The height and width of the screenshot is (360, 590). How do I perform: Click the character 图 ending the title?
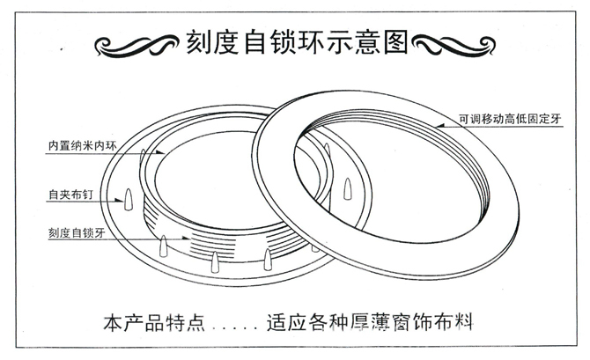tap(394, 41)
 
